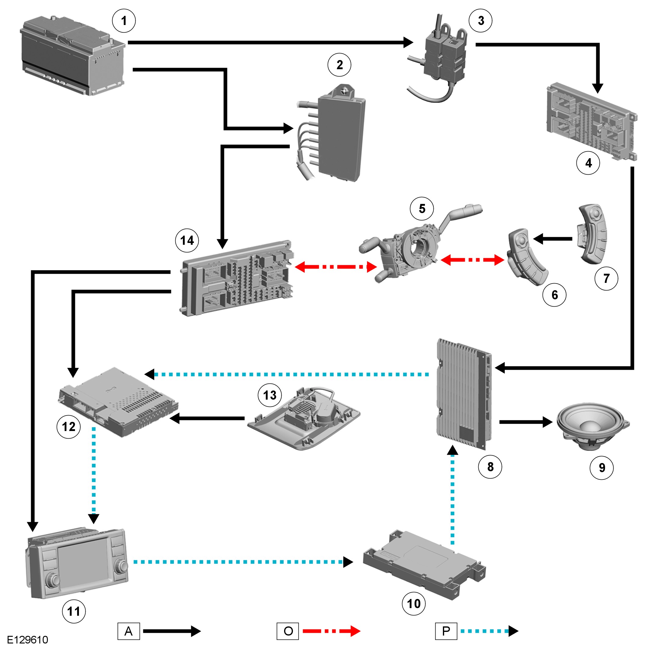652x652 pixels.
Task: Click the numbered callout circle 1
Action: pyautogui.click(x=124, y=21)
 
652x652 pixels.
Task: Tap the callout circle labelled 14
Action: pyautogui.click(x=187, y=240)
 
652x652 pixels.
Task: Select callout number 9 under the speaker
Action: pyautogui.click(x=602, y=467)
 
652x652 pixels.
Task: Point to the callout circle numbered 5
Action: pyautogui.click(x=422, y=208)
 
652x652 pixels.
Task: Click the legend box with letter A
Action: pyautogui.click(x=129, y=631)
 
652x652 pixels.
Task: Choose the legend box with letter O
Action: pyautogui.click(x=287, y=631)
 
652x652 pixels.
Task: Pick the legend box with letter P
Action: pyautogui.click(x=446, y=631)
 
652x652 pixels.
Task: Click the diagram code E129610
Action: pyautogui.click(x=28, y=640)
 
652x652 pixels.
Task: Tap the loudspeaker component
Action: pyautogui.click(x=593, y=426)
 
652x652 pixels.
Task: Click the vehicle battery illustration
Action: pyautogui.click(x=73, y=56)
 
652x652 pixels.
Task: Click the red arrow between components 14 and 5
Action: pyautogui.click(x=336, y=267)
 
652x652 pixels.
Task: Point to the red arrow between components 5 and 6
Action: pyautogui.click(x=472, y=260)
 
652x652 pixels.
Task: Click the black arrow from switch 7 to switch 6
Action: pyautogui.click(x=553, y=239)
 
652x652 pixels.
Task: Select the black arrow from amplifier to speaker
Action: pyautogui.click(x=526, y=422)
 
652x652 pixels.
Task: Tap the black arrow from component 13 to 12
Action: pyautogui.click(x=207, y=419)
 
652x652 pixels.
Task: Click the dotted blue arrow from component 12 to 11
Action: pyautogui.click(x=94, y=476)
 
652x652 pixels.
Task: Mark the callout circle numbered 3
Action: pyautogui.click(x=481, y=21)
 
